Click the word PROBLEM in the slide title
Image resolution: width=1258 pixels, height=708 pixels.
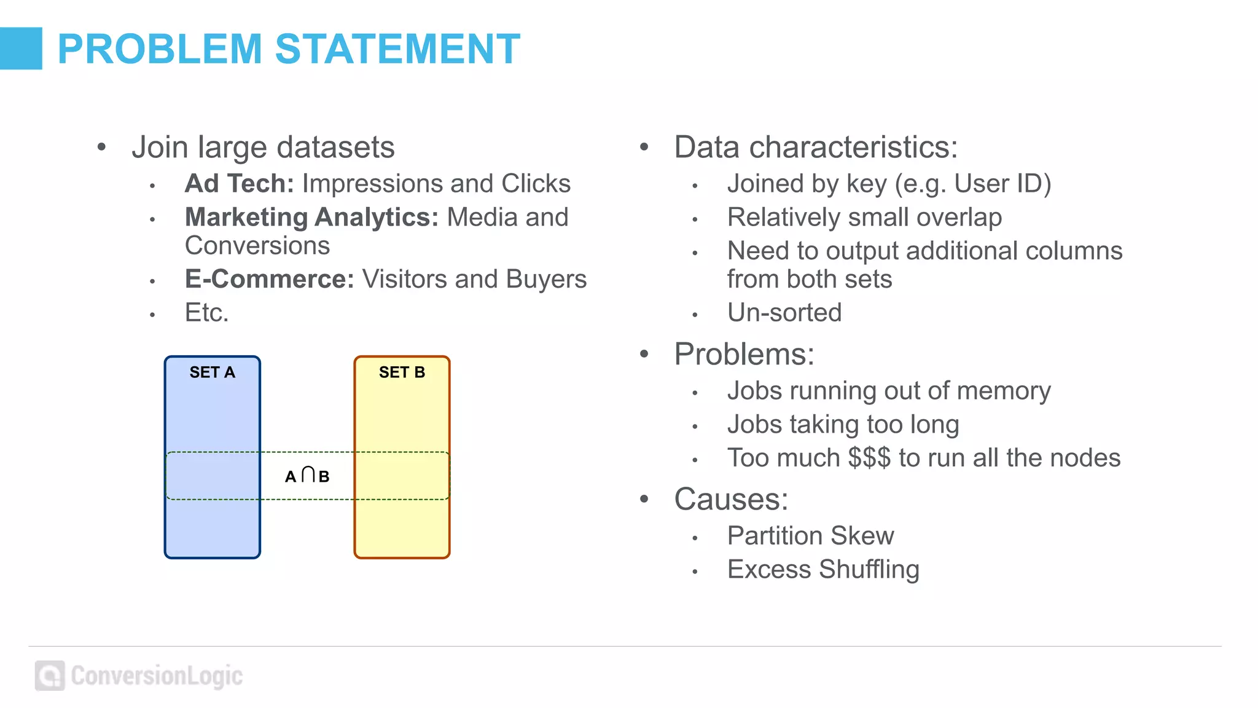click(160, 49)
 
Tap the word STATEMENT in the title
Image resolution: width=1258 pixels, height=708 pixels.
click(397, 49)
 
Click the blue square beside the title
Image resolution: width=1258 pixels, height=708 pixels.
click(21, 49)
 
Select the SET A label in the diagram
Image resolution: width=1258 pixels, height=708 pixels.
click(212, 372)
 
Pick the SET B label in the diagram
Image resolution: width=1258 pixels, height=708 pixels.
click(402, 372)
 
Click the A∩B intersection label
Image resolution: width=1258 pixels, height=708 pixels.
click(307, 476)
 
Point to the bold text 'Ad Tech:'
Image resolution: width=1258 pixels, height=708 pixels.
click(240, 184)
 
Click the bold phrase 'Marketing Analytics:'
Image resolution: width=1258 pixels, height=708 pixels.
click(311, 218)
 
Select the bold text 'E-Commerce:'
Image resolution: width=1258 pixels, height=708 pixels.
click(270, 279)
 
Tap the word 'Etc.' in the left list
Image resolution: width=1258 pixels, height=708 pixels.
click(206, 313)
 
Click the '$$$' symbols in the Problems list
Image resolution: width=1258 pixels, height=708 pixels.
click(869, 458)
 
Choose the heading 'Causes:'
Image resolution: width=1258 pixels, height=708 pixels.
click(731, 499)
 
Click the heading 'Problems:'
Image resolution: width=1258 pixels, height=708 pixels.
click(744, 354)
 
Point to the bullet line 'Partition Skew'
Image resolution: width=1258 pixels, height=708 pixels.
click(810, 536)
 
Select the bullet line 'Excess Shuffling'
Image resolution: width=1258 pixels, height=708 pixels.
click(823, 570)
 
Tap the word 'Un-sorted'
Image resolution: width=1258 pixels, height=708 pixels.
click(784, 313)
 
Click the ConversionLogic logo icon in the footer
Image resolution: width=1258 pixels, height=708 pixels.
click(50, 676)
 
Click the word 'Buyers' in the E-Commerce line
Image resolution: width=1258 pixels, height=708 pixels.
click(546, 279)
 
